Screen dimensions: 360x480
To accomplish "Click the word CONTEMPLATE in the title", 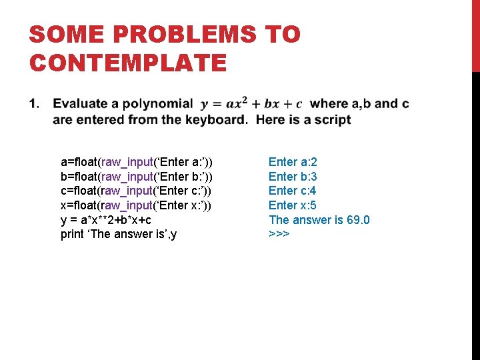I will [128, 63].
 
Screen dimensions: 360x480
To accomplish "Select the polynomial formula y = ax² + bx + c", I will [252, 104].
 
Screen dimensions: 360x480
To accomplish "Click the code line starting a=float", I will [136, 162].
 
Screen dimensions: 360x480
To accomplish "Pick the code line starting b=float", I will [136, 177].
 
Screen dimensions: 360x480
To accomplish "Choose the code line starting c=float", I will [136, 191].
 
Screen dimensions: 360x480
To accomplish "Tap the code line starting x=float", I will [136, 205].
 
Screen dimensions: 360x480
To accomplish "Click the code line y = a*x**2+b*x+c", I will [110, 220].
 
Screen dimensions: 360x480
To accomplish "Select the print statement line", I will [118, 235].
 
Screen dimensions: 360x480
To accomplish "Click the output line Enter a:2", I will [293, 162].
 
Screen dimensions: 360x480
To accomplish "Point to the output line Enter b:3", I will [293, 177].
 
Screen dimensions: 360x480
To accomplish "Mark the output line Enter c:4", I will [293, 191].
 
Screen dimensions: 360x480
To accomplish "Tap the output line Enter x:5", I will [293, 205].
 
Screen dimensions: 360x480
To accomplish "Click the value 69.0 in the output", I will [358, 220].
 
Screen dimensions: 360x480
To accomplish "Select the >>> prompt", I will [279, 235].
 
